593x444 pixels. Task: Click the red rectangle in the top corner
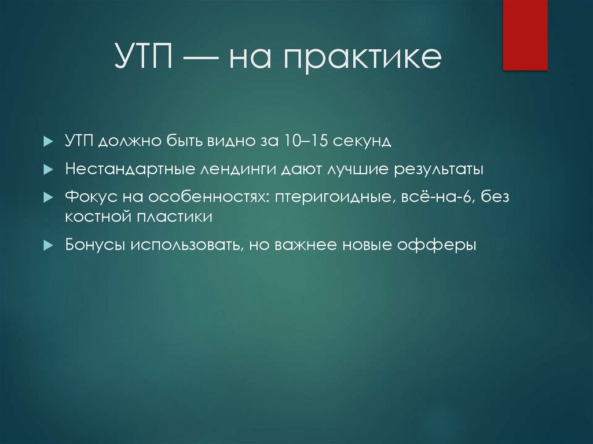click(525, 35)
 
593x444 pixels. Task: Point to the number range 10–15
click(299, 142)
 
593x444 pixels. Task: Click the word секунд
click(360, 142)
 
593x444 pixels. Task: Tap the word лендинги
click(239, 170)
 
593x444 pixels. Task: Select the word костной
click(95, 217)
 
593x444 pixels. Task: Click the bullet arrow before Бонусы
click(49, 245)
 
